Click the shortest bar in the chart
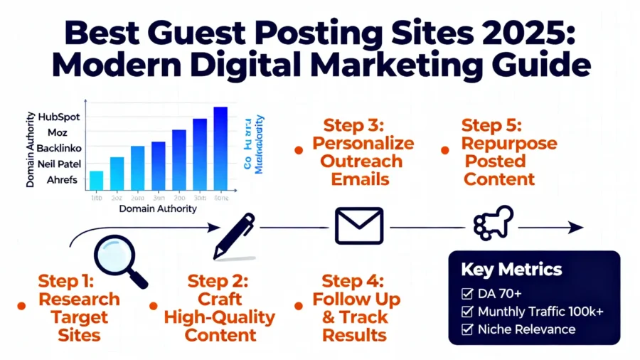97,180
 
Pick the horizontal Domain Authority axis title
158,209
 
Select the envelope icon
359,227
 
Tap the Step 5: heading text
491,126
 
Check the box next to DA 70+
467,293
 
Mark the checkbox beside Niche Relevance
467,329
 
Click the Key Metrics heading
511,270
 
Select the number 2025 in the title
474,33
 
